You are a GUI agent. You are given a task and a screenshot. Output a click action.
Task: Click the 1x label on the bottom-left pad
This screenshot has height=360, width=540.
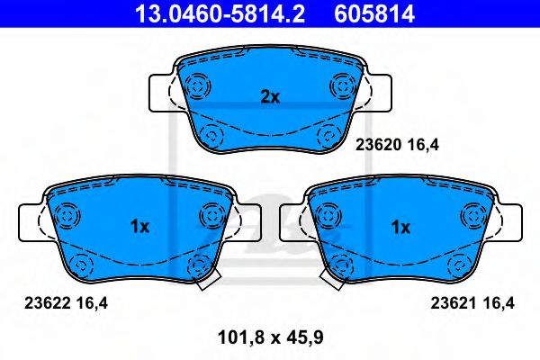pos(139,228)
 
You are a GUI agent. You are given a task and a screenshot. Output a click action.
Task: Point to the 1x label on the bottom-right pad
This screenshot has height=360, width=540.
pos(400,228)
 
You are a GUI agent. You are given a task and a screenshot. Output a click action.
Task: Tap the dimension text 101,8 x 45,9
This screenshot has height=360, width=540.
pos(271,338)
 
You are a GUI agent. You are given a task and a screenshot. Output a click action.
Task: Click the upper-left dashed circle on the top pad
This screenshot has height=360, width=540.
pos(196,85)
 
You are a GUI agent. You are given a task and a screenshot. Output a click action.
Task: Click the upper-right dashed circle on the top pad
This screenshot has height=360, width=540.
pos(343,85)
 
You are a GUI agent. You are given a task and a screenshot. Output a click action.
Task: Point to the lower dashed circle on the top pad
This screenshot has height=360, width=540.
pos(212,136)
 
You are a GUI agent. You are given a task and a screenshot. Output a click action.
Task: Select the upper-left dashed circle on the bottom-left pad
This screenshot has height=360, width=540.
pos(65,216)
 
